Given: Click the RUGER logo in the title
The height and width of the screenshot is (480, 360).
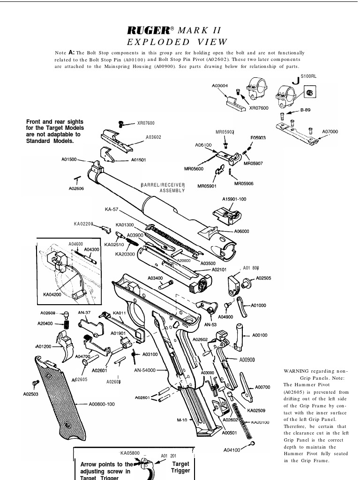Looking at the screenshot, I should [148, 30].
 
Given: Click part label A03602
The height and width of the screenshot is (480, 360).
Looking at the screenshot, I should [153, 137].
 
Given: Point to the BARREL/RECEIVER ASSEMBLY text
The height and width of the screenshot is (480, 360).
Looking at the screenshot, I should [164, 187].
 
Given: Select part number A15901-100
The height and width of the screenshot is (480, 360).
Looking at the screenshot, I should [234, 199].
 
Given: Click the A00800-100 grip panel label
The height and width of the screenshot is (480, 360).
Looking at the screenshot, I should [102, 404].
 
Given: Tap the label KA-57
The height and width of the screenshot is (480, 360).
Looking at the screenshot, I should [112, 209].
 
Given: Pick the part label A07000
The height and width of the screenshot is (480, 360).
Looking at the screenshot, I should [330, 132].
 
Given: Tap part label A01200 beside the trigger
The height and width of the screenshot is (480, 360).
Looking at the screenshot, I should [44, 346].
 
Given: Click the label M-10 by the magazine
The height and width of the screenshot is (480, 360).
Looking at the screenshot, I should [182, 420].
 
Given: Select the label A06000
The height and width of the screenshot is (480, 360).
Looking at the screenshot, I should [241, 231].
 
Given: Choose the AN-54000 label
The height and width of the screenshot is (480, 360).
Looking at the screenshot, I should [144, 370].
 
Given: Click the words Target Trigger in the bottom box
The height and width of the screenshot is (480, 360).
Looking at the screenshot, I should [180, 467].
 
